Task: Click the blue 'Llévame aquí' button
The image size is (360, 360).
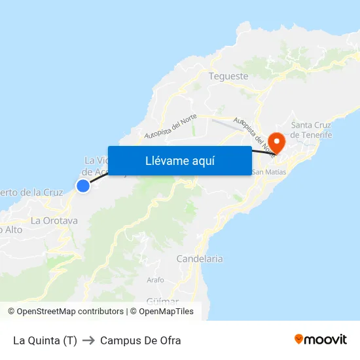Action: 179,160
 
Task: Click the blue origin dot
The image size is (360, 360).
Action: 83,186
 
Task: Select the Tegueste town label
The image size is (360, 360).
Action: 228,76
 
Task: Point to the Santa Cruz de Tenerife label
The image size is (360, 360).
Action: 312,130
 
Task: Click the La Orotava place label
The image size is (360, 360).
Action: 54,221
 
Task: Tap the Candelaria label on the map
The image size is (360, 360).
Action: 200,259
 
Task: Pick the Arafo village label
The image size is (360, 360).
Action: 156,279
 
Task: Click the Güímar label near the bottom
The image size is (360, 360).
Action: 163,300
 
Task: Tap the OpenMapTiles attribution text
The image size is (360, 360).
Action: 166,312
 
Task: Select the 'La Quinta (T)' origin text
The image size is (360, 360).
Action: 45,340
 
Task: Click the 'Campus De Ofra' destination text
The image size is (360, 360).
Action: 141,340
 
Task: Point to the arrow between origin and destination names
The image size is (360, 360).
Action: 88,340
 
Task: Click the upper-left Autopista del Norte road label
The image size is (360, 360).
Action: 171,123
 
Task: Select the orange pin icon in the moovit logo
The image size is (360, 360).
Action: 299,339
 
